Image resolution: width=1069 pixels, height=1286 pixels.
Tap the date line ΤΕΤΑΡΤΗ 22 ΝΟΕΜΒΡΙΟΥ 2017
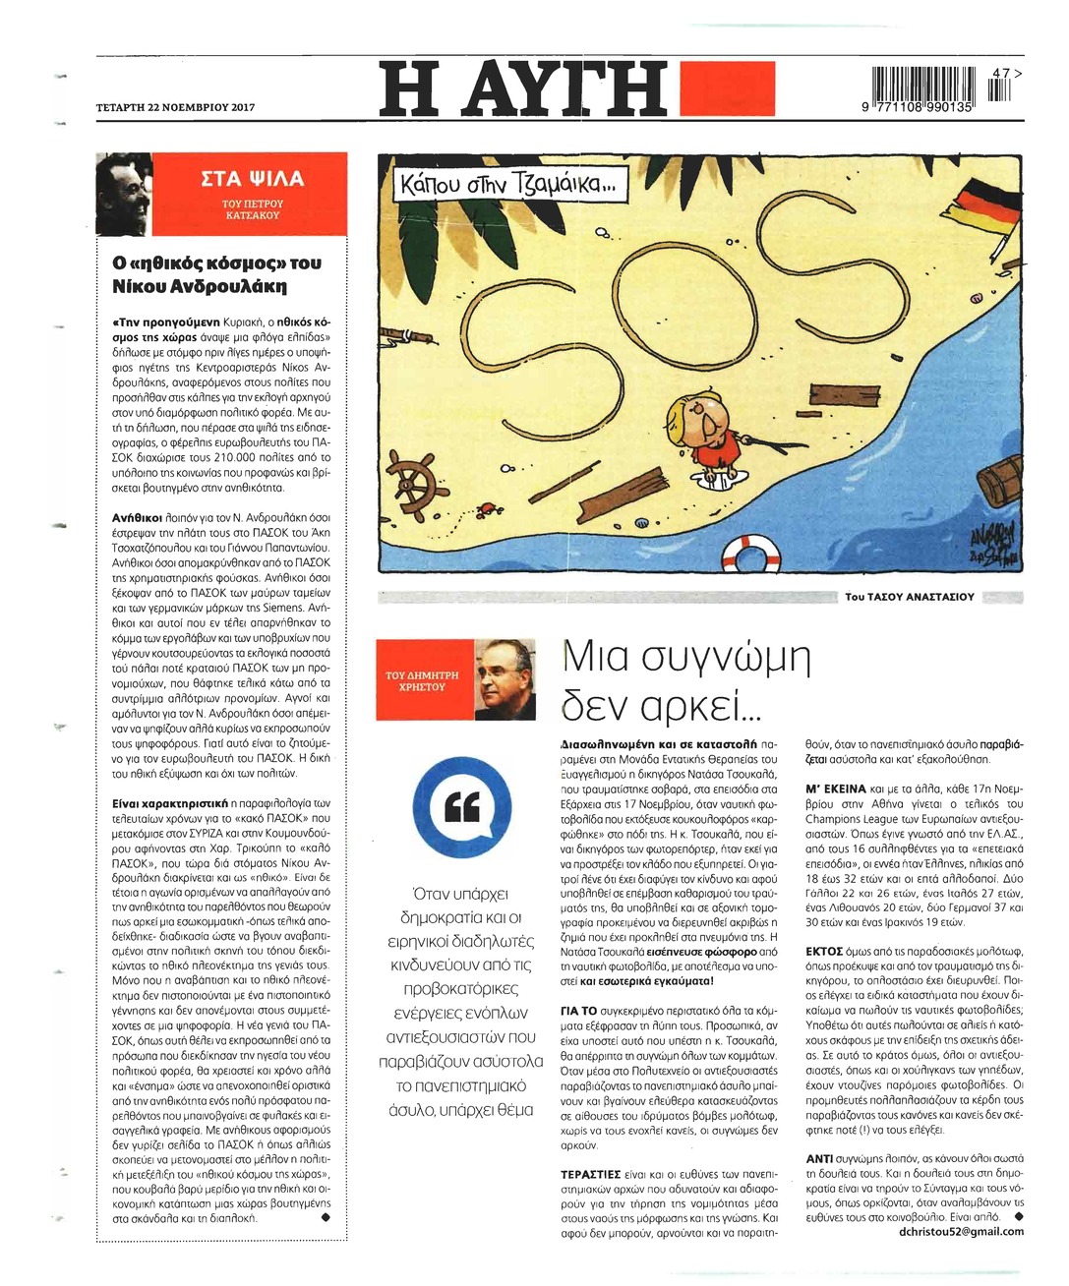pyautogui.click(x=175, y=107)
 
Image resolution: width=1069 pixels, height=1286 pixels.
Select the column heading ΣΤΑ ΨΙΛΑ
pyautogui.click(x=252, y=179)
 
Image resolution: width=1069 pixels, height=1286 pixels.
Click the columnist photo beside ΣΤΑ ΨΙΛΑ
pyautogui.click(x=124, y=194)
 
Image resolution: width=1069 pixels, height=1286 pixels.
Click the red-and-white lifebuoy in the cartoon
pyautogui.click(x=750, y=554)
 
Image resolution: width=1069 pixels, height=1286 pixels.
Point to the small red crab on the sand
pyautogui.click(x=484, y=508)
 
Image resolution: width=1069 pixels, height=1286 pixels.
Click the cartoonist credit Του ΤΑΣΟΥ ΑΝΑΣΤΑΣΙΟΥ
pyautogui.click(x=910, y=597)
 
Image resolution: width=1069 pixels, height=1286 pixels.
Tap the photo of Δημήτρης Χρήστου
pyautogui.click(x=505, y=679)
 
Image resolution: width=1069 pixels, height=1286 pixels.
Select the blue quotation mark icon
pyautogui.click(x=455, y=806)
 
